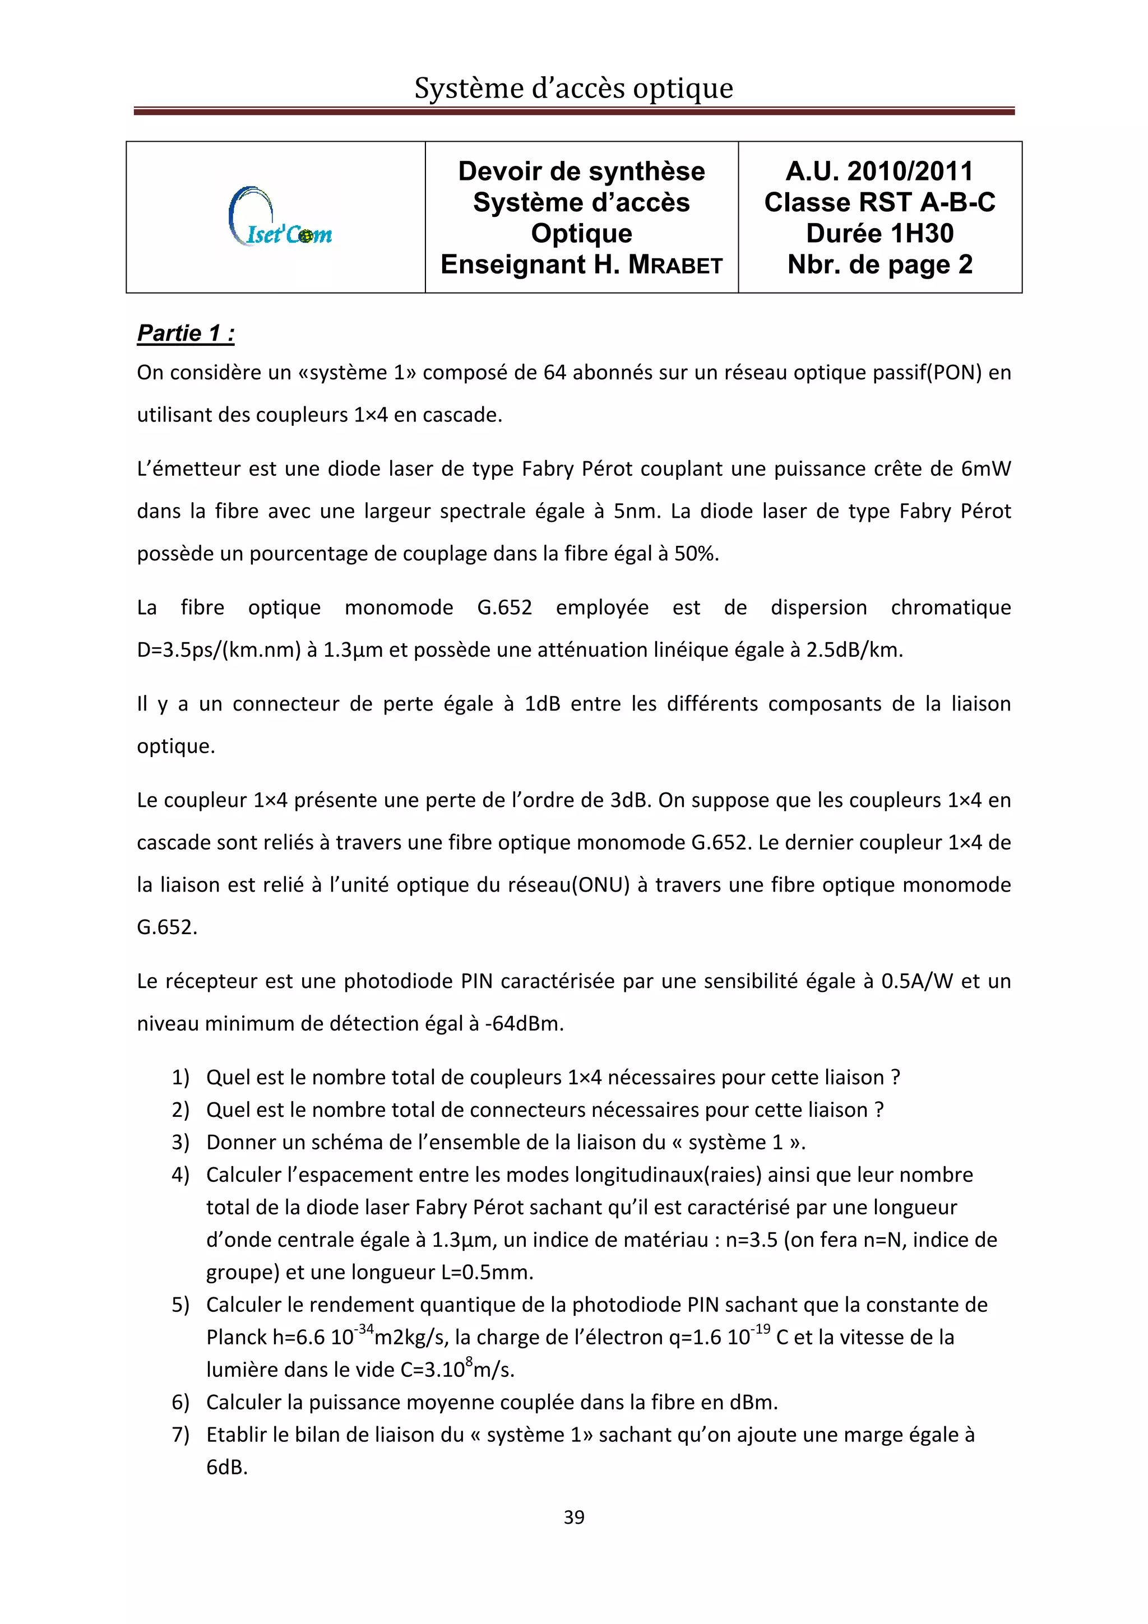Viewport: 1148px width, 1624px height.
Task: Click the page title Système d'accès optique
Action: coord(573,89)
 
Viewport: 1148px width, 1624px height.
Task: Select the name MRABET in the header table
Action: coord(675,265)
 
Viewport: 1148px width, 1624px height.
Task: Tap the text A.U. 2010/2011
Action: coord(879,171)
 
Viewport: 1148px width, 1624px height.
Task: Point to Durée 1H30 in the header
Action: coord(879,234)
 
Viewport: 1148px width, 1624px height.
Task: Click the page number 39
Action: coord(573,1516)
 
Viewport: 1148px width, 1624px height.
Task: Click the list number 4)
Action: coord(180,1175)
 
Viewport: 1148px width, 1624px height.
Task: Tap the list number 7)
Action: coord(180,1435)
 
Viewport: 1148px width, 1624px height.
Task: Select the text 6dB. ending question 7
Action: coord(227,1467)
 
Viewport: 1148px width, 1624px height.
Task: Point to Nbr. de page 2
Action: coord(879,265)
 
